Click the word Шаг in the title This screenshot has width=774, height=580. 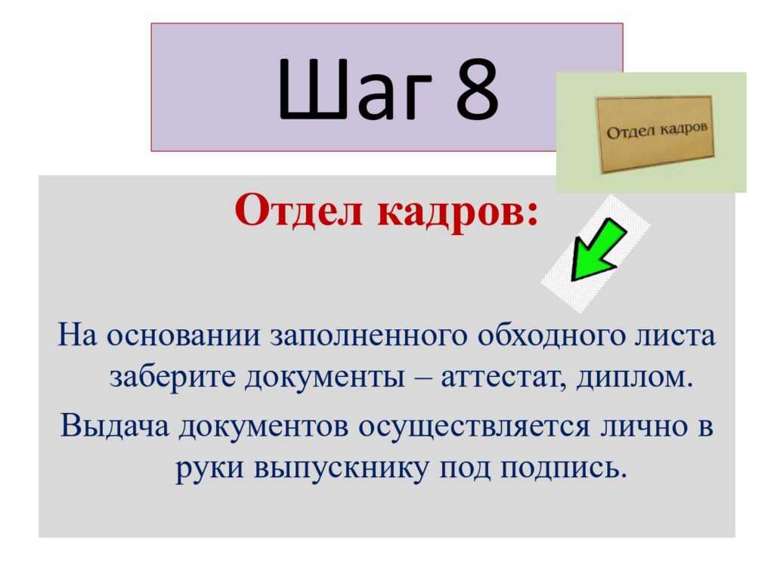click(x=354, y=89)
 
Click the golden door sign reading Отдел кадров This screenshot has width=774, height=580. click(x=655, y=134)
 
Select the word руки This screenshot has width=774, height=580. click(x=209, y=468)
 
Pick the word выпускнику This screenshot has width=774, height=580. click(x=341, y=468)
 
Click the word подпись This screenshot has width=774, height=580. click(x=563, y=468)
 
